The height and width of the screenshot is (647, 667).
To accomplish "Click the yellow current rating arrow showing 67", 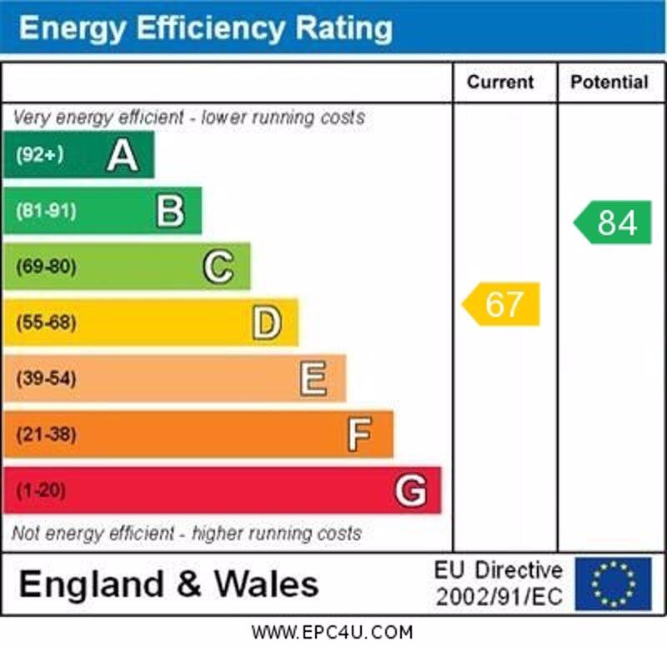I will click(x=502, y=304).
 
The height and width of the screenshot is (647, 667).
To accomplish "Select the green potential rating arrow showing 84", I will click(x=614, y=223).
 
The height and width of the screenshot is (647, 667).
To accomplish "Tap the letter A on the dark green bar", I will click(x=122, y=155).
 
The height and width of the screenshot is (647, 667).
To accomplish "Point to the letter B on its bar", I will click(x=170, y=211).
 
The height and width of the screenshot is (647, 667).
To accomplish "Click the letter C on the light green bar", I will click(x=218, y=267).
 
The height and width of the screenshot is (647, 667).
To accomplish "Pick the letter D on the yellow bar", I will click(x=267, y=323).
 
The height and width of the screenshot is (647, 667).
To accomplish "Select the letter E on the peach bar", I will click(x=313, y=379).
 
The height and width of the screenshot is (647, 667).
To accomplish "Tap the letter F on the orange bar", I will click(x=359, y=434).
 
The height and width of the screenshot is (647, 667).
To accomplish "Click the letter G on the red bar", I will click(x=410, y=490).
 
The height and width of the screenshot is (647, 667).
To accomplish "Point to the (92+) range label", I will click(x=39, y=155).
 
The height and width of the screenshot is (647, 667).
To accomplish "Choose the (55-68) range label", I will click(x=46, y=323).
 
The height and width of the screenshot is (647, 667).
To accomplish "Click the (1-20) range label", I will click(x=41, y=490).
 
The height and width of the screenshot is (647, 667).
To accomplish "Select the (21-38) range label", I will click(x=46, y=434).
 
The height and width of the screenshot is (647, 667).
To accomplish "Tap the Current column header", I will click(x=500, y=82).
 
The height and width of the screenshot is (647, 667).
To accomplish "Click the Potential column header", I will click(x=609, y=82).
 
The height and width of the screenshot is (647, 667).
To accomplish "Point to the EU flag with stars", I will click(x=613, y=584).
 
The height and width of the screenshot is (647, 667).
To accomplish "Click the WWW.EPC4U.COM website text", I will click(x=332, y=632).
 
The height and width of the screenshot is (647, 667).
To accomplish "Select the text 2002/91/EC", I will click(x=499, y=597).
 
